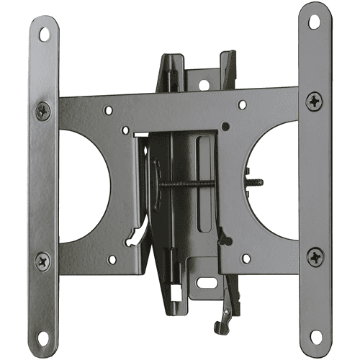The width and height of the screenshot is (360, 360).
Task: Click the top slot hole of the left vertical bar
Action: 45,32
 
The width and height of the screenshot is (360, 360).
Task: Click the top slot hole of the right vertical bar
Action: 314,21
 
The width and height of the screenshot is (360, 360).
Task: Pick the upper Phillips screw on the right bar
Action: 315,102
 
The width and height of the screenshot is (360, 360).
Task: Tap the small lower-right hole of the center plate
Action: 246,256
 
